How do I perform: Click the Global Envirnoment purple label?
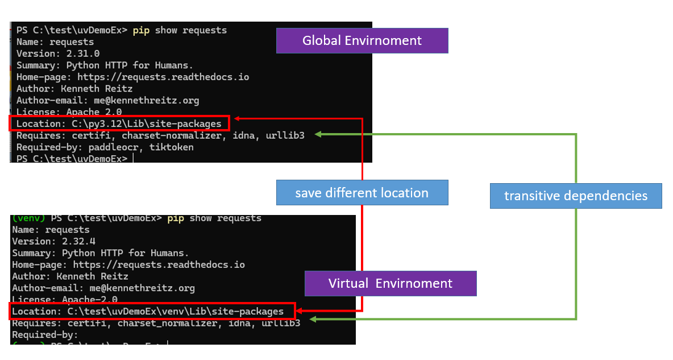362,40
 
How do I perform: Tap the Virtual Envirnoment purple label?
390,283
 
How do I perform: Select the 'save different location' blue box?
362,193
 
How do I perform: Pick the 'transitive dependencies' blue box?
576,196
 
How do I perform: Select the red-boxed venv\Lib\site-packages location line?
152,311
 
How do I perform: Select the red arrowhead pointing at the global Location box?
238,119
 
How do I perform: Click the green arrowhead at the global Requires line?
318,134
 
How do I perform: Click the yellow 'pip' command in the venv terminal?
176,218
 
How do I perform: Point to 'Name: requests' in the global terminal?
55,42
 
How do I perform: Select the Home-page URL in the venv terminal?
159,264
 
